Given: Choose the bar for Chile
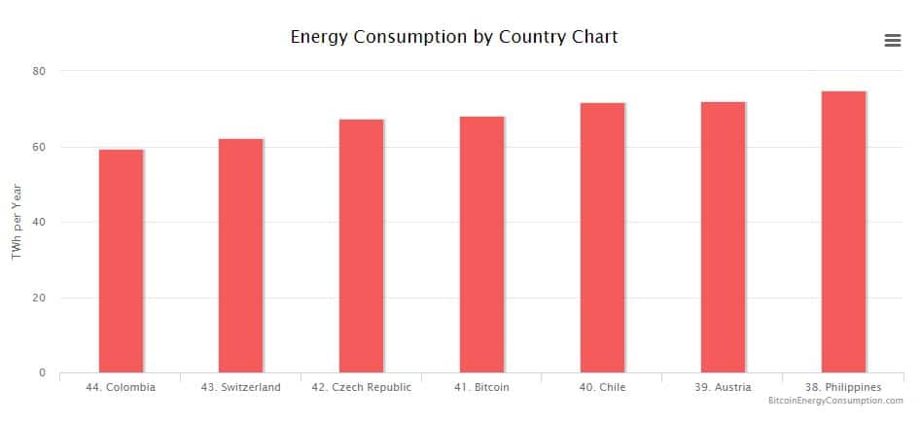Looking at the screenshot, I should tap(602, 237).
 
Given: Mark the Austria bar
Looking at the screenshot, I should tap(723, 237).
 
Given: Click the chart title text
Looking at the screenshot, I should tap(454, 37).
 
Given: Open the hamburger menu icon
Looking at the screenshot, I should tap(892, 40).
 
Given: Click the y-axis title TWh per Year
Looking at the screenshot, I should tap(17, 222).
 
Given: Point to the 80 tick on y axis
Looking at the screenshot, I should tap(39, 71).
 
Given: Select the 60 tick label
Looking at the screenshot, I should tap(39, 147).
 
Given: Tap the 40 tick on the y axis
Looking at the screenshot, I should tap(39, 222).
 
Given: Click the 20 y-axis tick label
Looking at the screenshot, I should tap(39, 298).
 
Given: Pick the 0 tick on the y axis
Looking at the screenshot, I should tap(43, 372).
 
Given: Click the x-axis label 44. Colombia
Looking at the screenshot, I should tap(121, 387).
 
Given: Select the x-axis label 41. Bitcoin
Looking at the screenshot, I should tap(481, 387).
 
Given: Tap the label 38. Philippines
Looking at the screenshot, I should tap(843, 387).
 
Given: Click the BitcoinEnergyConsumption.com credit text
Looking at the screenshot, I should tap(835, 401).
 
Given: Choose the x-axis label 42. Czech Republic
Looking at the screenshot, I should tap(361, 387).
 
